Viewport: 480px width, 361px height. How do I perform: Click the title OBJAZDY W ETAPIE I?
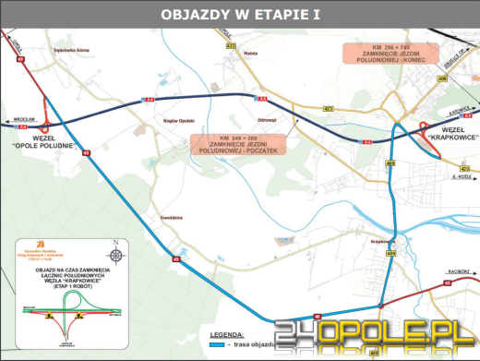pos(239,15)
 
